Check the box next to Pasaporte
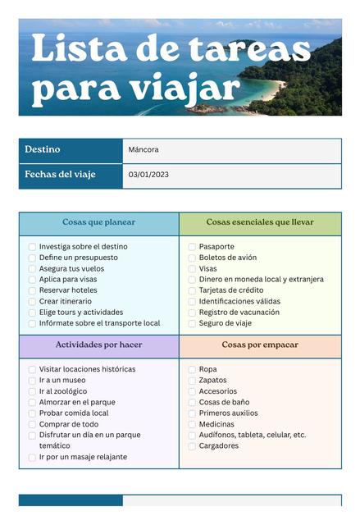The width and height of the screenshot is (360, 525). [x=192, y=247]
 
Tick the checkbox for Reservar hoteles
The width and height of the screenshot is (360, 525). [x=32, y=290]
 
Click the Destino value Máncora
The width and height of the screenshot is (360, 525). [x=144, y=150]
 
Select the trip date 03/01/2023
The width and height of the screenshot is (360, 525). [x=148, y=176]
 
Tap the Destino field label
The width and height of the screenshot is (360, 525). [x=42, y=150]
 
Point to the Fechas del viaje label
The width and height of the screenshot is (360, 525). [x=60, y=175]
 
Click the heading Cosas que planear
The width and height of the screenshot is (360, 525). [x=98, y=222]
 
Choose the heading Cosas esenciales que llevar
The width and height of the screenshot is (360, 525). [x=260, y=222]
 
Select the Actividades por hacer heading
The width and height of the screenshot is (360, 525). [x=98, y=345]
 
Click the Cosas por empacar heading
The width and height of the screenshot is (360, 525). [x=260, y=345]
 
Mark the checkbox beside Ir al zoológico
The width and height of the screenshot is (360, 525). [x=32, y=392]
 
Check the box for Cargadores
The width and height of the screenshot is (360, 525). [x=192, y=447]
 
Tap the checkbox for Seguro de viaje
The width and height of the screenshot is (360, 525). [x=192, y=323]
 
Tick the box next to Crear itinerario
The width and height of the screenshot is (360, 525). [x=32, y=302]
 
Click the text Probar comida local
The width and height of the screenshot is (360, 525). [x=74, y=413]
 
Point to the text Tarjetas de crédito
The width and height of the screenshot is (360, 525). [x=231, y=290]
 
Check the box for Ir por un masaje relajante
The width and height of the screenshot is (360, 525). [x=32, y=458]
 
